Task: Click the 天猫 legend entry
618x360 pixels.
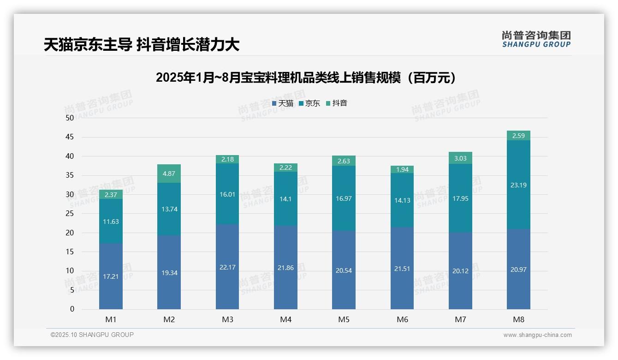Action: pyautogui.click(x=282, y=103)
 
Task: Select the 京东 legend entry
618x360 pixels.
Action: pyautogui.click(x=309, y=103)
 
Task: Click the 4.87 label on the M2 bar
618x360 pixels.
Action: pyautogui.click(x=169, y=174)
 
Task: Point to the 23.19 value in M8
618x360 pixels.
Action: pyautogui.click(x=518, y=185)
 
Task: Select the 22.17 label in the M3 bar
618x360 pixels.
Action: pyautogui.click(x=227, y=268)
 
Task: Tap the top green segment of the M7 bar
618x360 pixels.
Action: pyautogui.click(x=460, y=158)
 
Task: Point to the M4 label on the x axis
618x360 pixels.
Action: pyautogui.click(x=285, y=319)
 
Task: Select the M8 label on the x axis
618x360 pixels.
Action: pyautogui.click(x=518, y=319)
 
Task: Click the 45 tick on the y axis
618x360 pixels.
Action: pyautogui.click(x=70, y=137)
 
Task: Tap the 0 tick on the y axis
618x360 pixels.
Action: pyautogui.click(x=72, y=309)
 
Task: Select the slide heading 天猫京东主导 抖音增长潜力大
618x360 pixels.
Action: pyautogui.click(x=142, y=45)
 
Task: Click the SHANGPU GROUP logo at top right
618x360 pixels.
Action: pyautogui.click(x=536, y=39)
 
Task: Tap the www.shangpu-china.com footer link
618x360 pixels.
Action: pyautogui.click(x=537, y=335)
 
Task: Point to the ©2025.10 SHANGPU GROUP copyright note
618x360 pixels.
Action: pyautogui.click(x=92, y=335)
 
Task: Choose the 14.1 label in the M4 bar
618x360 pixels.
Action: pyautogui.click(x=285, y=199)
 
